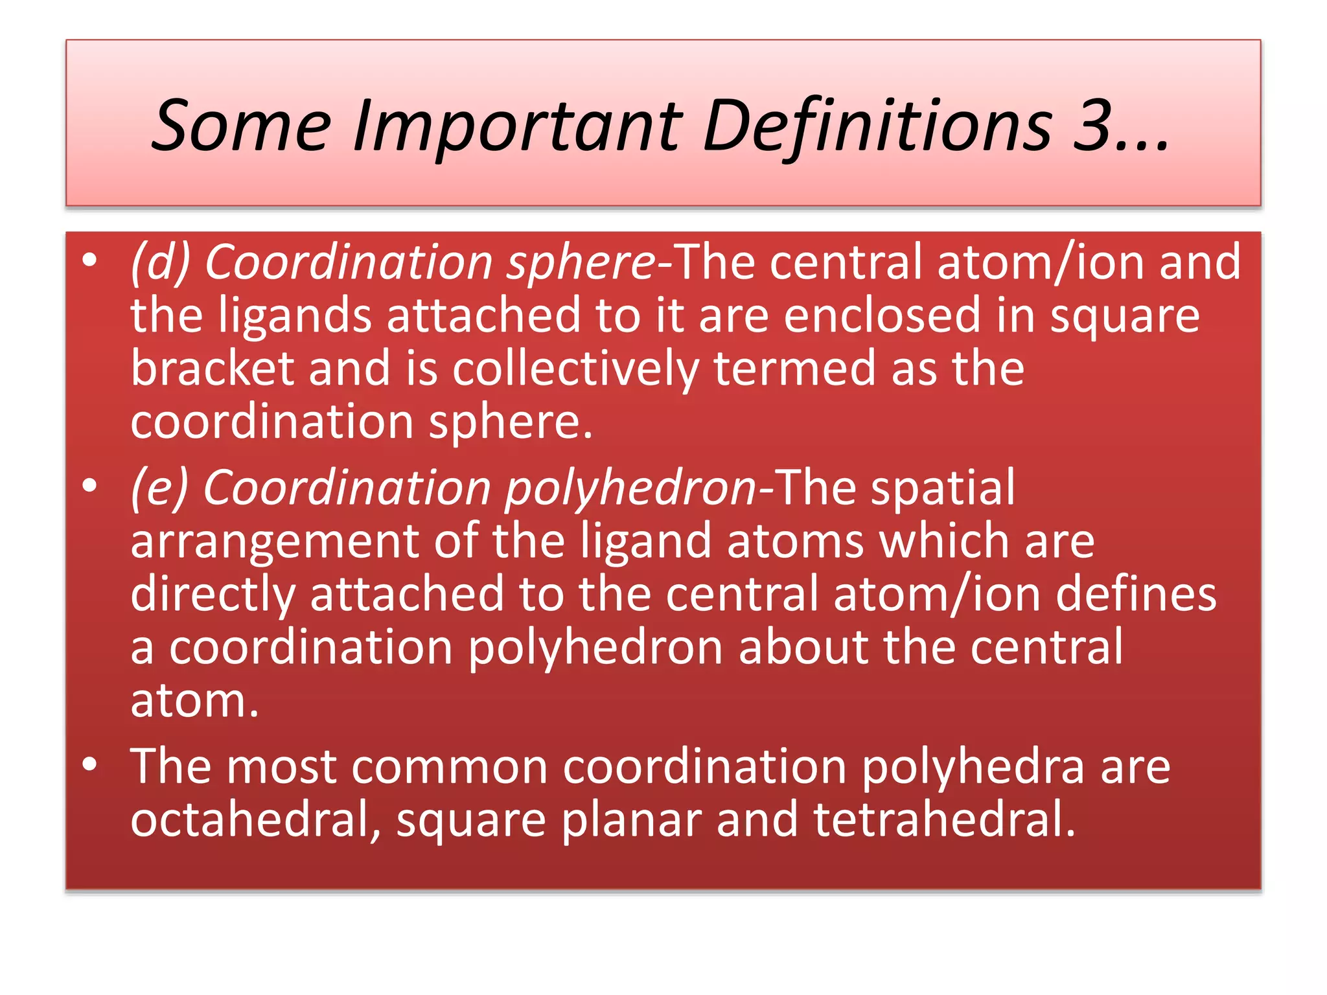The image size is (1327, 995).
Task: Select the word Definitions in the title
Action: pos(877,126)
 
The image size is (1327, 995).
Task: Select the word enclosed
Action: pos(882,315)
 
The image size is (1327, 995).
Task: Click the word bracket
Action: pos(212,369)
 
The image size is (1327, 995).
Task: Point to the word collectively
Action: pos(575,369)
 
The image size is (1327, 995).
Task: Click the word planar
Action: pos(631,821)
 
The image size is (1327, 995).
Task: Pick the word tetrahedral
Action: pos(944,820)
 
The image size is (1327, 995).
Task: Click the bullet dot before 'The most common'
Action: pos(90,765)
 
